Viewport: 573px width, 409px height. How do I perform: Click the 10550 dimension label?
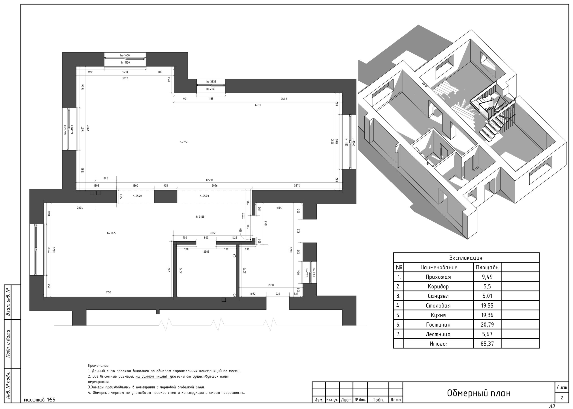point(209,180)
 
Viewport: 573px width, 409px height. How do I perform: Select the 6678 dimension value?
point(258,105)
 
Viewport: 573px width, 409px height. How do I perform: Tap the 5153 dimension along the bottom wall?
point(108,292)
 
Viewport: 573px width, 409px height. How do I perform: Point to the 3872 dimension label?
point(125,78)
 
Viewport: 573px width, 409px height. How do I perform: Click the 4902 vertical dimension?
point(88,128)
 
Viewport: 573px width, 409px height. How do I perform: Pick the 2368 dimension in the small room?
point(206,252)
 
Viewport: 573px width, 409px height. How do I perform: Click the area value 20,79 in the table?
point(487,325)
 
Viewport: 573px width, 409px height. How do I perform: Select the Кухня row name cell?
point(438,315)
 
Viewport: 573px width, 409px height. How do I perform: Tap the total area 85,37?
point(487,344)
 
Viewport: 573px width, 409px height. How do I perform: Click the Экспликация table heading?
point(466,258)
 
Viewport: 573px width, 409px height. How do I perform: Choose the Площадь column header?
point(487,267)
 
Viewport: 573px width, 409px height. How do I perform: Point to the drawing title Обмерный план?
point(479,393)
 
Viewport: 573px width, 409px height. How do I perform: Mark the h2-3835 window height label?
point(211,82)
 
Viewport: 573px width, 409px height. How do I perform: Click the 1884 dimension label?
point(279,208)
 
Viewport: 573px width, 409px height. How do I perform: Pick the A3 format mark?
point(552,406)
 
